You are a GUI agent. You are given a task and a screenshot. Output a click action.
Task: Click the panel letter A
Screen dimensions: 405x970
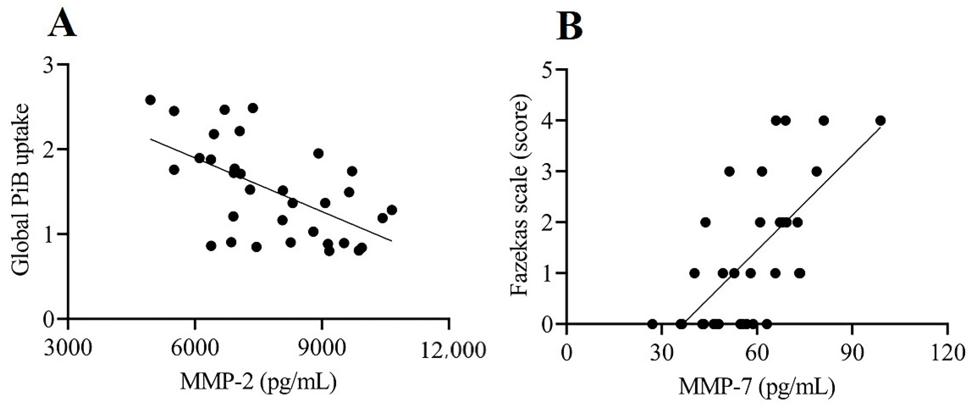(x=62, y=23)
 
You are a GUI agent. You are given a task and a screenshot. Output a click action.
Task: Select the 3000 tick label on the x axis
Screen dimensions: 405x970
(x=68, y=350)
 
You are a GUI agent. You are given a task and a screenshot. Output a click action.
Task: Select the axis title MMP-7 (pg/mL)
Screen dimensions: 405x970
(x=757, y=387)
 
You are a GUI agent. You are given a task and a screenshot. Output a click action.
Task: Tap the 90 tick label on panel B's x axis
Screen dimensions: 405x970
(x=852, y=354)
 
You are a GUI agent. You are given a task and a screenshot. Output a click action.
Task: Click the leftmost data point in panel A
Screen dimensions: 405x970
(x=150, y=100)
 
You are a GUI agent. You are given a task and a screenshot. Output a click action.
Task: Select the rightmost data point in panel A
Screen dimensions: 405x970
(x=392, y=210)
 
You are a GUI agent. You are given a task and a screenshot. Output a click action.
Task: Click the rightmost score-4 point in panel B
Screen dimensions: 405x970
(x=880, y=121)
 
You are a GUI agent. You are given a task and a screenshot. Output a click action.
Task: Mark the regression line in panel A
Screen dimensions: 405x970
(x=271, y=189)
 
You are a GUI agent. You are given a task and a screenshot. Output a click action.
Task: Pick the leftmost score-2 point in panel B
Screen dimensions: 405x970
(x=705, y=222)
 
